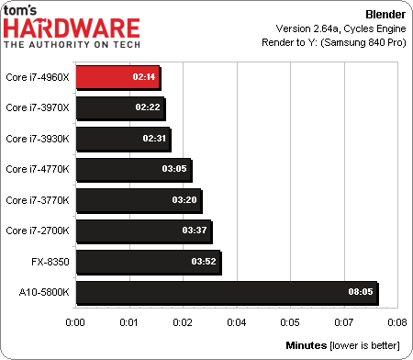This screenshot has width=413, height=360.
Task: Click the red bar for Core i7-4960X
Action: (x=117, y=78)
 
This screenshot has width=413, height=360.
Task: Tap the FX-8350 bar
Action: (x=148, y=263)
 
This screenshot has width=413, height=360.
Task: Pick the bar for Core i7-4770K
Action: (x=134, y=170)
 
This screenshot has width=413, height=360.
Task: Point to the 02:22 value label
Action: (x=147, y=108)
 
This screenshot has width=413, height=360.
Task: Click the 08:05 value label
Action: (x=360, y=294)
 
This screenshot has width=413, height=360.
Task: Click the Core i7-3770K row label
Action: (x=38, y=201)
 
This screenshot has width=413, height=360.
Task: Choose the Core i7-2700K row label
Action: (x=38, y=231)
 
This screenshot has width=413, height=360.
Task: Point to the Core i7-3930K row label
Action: (x=38, y=140)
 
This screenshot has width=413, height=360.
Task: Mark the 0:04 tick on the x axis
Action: (x=237, y=322)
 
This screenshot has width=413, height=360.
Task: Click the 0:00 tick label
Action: (x=76, y=322)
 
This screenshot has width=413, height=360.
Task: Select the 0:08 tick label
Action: (x=396, y=322)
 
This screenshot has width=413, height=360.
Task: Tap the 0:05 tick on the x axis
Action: (x=290, y=322)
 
